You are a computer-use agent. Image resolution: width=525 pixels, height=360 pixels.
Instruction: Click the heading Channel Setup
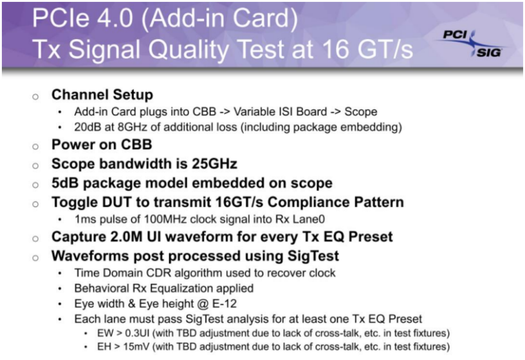click(x=102, y=95)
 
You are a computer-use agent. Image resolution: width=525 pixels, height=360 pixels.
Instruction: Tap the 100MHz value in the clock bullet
click(x=149, y=219)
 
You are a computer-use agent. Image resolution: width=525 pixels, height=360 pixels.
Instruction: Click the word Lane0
click(x=270, y=219)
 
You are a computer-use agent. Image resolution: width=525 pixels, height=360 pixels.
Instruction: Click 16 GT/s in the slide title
click(x=360, y=50)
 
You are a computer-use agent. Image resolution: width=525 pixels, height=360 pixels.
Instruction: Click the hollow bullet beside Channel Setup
click(x=36, y=96)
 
